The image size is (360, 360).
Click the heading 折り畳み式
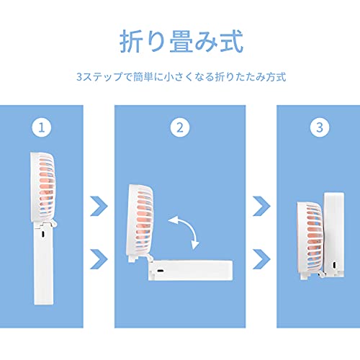181,41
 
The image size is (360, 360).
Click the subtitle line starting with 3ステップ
181,77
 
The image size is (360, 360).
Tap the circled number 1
42,127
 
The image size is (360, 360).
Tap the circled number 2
180,127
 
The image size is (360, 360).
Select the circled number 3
320,127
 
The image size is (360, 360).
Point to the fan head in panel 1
43,187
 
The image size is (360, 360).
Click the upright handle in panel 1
43,264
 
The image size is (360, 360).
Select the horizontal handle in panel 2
191,271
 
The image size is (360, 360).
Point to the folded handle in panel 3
334,235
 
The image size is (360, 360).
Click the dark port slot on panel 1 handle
43,234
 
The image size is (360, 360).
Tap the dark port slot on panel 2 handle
160,271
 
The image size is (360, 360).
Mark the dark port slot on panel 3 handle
334,266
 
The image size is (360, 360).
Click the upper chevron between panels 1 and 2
99,206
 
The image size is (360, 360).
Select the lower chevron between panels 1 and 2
99,259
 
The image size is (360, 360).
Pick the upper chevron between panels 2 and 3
262,206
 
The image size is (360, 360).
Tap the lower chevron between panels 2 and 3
262,259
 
